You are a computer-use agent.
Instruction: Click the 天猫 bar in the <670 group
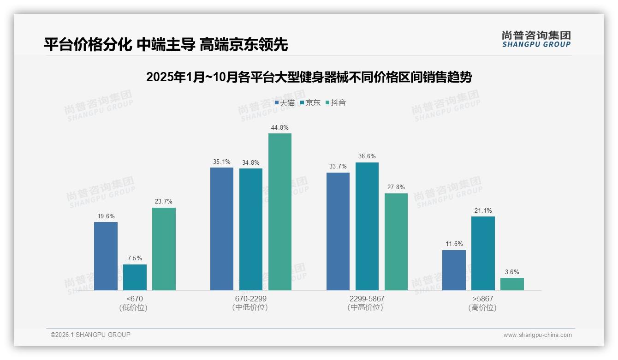tap(106, 256)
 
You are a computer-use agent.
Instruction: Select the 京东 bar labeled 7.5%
tap(135, 277)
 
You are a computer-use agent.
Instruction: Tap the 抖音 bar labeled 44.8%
tap(280, 212)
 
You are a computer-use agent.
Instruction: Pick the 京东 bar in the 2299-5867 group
tap(367, 226)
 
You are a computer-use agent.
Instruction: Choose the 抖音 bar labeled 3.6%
tap(512, 284)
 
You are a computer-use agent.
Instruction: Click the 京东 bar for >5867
tap(483, 253)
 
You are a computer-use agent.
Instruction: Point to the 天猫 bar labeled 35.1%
tap(222, 229)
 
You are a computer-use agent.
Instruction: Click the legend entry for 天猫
tap(285, 103)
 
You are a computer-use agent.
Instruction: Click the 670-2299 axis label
tap(251, 299)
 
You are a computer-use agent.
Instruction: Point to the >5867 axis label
tap(483, 299)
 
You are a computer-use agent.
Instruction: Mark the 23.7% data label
tap(164, 202)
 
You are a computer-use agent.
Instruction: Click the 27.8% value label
tap(396, 187)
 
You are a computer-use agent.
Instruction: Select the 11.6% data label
tap(454, 244)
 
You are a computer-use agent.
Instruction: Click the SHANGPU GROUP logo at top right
tap(536, 39)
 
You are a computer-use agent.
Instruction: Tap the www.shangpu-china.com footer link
tap(537, 335)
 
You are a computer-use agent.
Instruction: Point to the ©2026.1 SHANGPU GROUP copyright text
tap(90, 335)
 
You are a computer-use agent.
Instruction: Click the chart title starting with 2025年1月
tap(309, 77)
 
